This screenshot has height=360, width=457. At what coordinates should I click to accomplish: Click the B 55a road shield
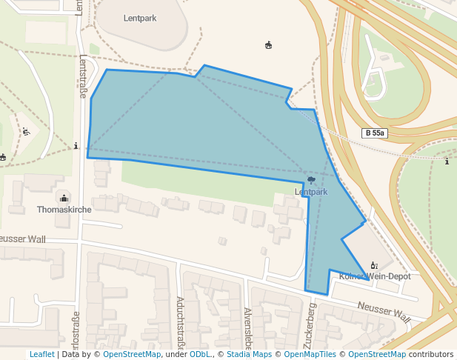376,133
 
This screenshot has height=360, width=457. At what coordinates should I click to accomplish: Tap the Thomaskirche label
64,210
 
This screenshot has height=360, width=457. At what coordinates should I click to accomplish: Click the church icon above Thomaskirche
64,198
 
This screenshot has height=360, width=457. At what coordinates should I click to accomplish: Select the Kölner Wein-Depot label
374,276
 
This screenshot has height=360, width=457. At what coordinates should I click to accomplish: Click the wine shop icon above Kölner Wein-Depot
374,265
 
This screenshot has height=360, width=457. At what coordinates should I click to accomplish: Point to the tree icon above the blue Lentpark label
312,180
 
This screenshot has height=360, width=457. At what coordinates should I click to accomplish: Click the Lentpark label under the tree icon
311,192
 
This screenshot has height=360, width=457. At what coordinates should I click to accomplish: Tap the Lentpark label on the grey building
141,17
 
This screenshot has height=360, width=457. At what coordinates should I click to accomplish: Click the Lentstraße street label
83,76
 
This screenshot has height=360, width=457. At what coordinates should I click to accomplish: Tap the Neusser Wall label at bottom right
384,311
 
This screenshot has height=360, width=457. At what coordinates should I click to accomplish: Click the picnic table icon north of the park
268,45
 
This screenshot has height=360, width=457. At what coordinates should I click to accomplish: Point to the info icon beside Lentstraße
76,146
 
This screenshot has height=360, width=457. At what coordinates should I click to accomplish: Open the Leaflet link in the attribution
42,354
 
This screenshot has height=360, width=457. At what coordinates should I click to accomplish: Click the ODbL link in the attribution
201,354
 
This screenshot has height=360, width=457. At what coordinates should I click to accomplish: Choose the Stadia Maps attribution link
248,354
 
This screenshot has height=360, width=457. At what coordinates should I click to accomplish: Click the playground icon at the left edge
26,132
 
